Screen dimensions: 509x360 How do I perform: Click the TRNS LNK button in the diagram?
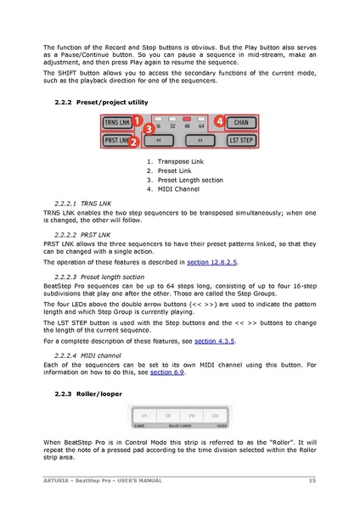click(x=116, y=123)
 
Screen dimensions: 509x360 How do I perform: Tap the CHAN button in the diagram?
click(x=242, y=123)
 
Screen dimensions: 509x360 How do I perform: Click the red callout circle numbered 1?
click(x=137, y=122)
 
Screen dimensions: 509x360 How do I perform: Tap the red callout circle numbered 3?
click(x=148, y=130)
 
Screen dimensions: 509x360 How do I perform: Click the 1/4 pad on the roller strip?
click(x=144, y=416)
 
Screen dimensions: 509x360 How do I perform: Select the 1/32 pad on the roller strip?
click(x=215, y=416)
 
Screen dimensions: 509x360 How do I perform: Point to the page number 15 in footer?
click(x=313, y=482)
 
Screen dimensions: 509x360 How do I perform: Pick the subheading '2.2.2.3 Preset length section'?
click(x=103, y=277)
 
